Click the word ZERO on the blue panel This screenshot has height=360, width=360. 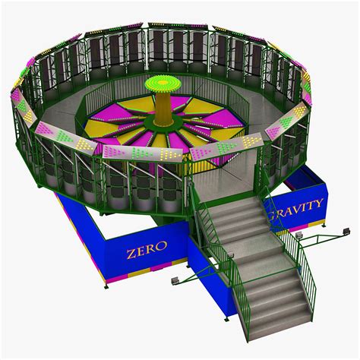click(147, 249)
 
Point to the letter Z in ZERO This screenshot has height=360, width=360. click(131, 254)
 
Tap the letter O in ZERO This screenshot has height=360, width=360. click(162, 245)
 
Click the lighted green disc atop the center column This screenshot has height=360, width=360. click(163, 83)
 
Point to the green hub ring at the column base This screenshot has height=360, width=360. click(163, 122)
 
